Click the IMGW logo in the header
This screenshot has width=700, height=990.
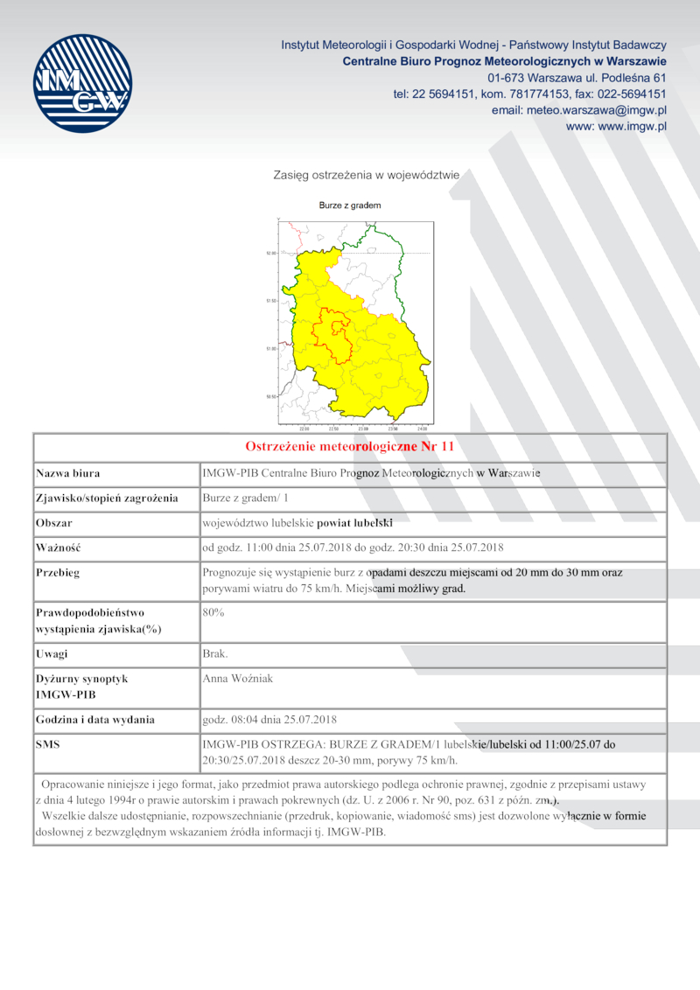pyautogui.click(x=82, y=84)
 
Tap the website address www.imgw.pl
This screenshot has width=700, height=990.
pyautogui.click(x=617, y=126)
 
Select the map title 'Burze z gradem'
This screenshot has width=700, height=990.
pyautogui.click(x=350, y=206)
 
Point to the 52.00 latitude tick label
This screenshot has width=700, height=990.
pyautogui.click(x=271, y=253)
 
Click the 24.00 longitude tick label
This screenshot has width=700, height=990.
pyautogui.click(x=422, y=429)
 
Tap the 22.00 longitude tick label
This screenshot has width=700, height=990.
pyautogui.click(x=304, y=429)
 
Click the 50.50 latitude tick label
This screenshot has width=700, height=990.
pyautogui.click(x=271, y=396)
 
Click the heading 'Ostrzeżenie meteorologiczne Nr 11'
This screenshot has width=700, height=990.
pyautogui.click(x=349, y=446)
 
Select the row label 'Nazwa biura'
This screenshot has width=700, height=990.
pyautogui.click(x=68, y=473)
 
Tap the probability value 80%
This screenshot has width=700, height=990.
pyautogui.click(x=213, y=612)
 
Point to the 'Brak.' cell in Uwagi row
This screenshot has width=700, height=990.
pyautogui.click(x=215, y=653)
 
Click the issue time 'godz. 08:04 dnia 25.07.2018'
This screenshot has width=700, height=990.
pyautogui.click(x=269, y=720)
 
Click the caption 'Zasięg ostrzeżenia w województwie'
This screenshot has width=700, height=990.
pyautogui.click(x=367, y=175)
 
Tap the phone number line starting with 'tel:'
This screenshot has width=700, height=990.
pyautogui.click(x=530, y=94)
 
